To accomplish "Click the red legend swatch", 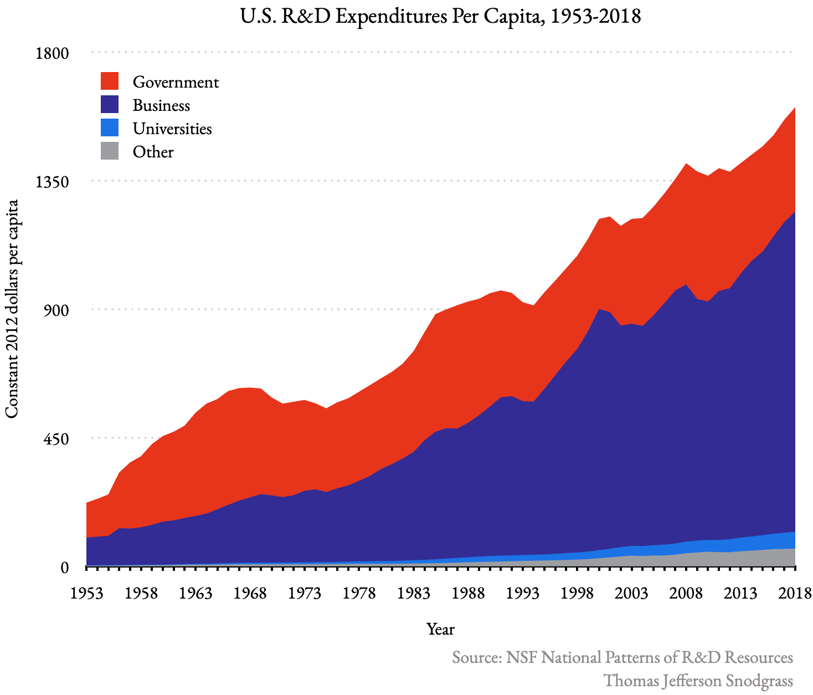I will click(x=110, y=81).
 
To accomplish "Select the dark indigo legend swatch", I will click(x=110, y=104).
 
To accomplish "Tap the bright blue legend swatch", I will click(x=110, y=127).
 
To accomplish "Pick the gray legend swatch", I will click(x=110, y=151).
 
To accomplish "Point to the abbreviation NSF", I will click(x=521, y=658).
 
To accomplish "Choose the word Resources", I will click(x=759, y=658).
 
